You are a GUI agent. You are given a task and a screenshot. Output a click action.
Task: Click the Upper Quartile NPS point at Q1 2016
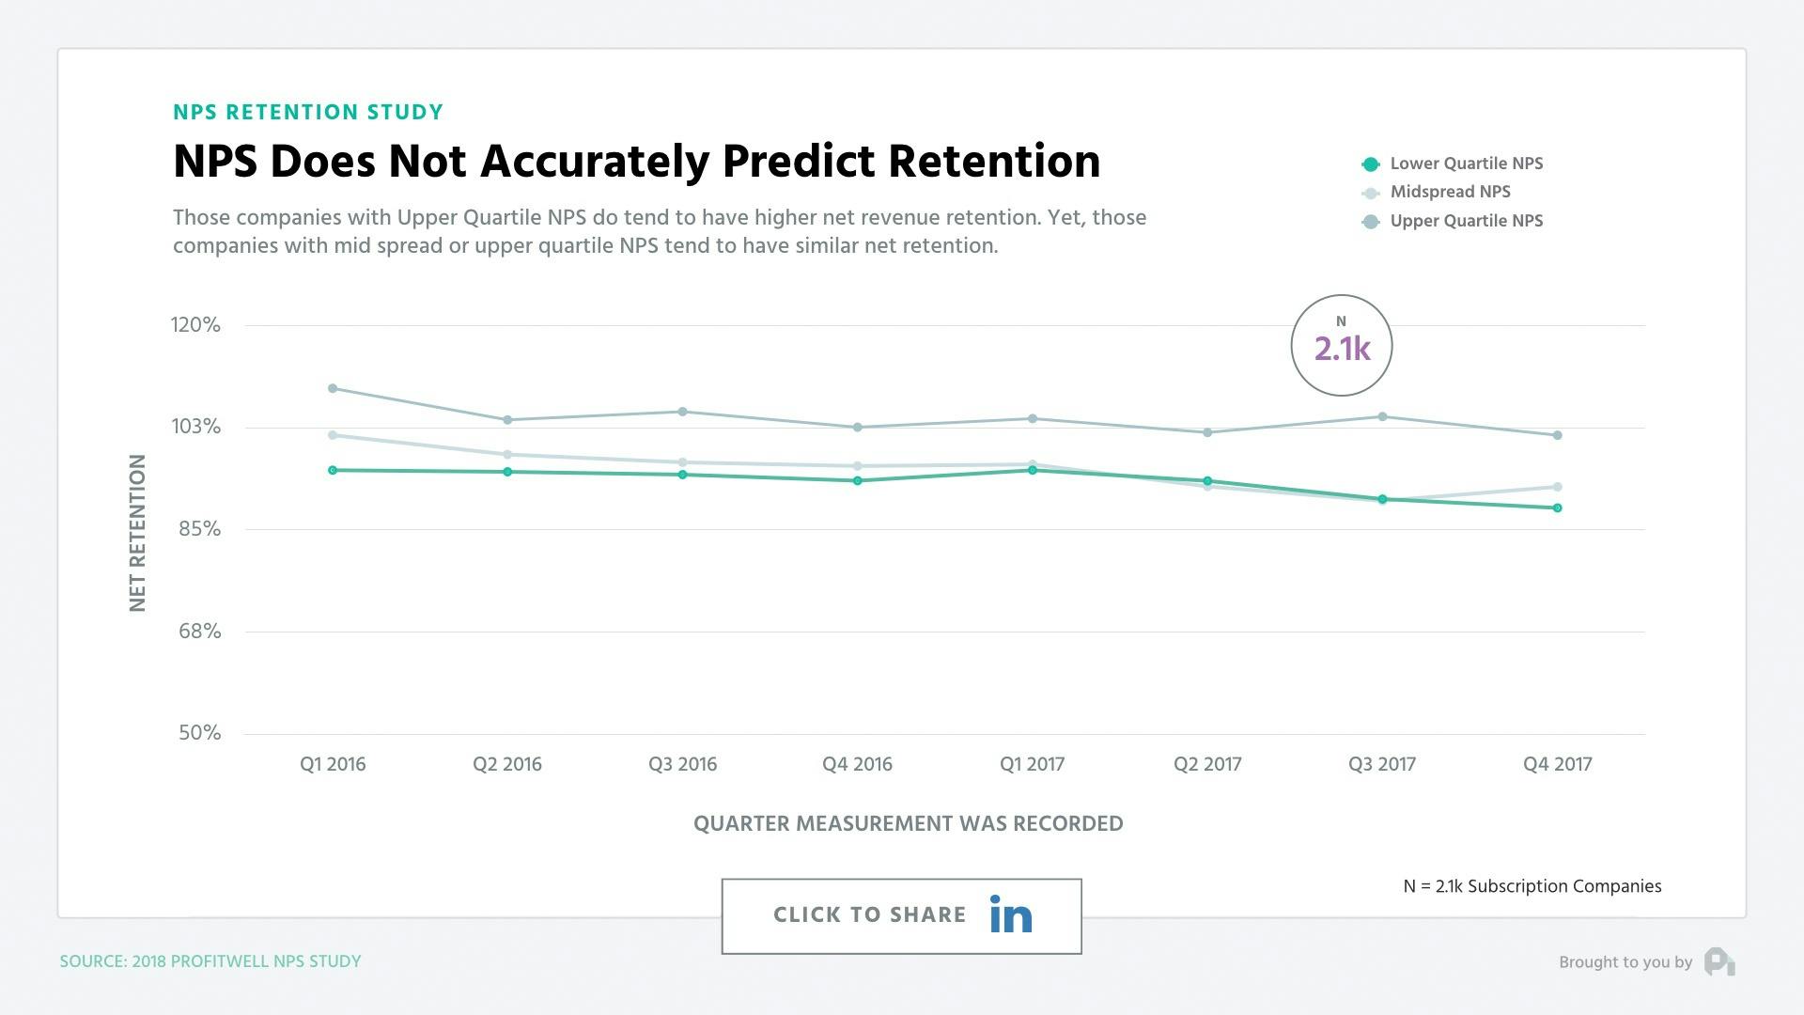click(x=333, y=388)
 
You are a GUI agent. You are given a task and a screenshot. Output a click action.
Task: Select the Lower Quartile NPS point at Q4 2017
click(x=1557, y=508)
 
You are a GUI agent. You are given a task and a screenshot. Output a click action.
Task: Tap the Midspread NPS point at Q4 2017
click(x=1557, y=487)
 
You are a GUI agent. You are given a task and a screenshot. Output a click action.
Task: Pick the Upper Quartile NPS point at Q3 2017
click(x=1382, y=416)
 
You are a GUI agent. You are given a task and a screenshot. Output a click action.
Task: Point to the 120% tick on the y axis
click(x=195, y=325)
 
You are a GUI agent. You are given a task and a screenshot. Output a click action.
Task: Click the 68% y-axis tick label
click(x=200, y=632)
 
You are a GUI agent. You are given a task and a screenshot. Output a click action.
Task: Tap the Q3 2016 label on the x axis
click(x=682, y=764)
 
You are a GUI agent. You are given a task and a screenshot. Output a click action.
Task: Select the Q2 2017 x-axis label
click(x=1207, y=764)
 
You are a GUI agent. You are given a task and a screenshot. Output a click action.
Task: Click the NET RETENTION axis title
click(x=137, y=533)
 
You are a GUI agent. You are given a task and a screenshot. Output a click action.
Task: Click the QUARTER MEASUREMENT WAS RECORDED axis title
click(x=908, y=823)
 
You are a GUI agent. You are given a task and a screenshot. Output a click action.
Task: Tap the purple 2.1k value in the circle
click(x=1342, y=349)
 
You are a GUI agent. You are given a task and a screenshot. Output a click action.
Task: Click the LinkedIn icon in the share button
click(x=1010, y=914)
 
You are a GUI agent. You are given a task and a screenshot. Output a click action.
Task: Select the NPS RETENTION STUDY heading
click(x=308, y=113)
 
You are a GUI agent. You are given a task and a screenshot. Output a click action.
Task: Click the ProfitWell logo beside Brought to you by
click(x=1719, y=961)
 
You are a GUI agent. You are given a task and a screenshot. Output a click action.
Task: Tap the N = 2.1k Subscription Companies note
click(x=1532, y=886)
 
